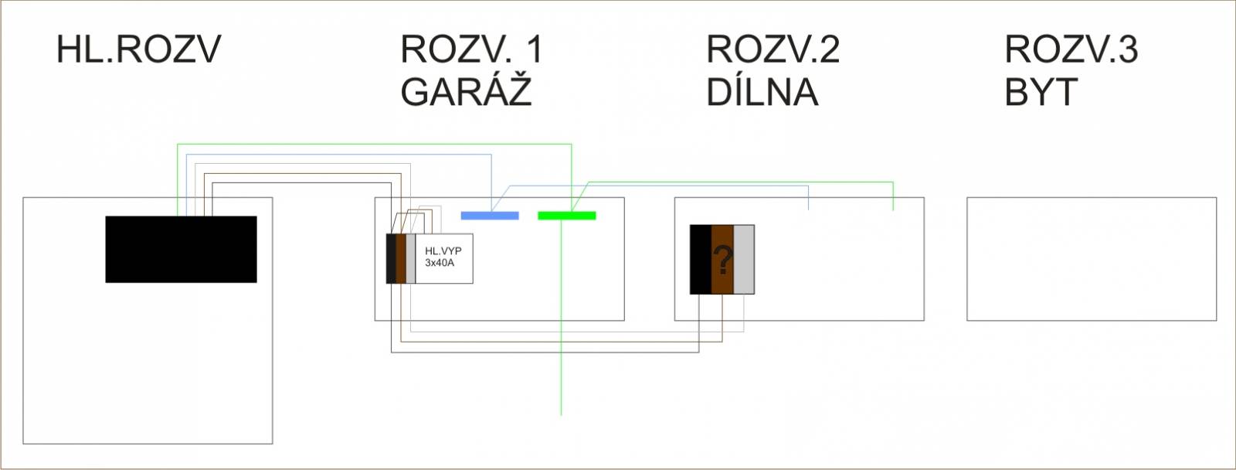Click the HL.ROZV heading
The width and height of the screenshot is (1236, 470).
(x=138, y=49)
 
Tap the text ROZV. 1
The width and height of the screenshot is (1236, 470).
(x=472, y=49)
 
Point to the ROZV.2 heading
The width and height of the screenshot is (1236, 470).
(x=773, y=49)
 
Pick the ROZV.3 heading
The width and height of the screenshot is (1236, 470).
(x=1071, y=49)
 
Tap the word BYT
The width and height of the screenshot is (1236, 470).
(x=1041, y=92)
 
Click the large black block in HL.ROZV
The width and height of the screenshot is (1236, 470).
(x=181, y=249)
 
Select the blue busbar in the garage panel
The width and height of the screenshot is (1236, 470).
(x=490, y=216)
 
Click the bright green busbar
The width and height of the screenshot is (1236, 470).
(x=567, y=216)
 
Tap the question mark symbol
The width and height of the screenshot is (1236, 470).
(x=723, y=261)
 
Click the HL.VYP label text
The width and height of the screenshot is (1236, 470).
(x=443, y=250)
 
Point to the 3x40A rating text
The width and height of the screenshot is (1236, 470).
(x=440, y=263)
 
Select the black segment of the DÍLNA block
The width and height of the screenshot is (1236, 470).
(x=701, y=259)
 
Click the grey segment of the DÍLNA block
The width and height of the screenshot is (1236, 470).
(x=744, y=259)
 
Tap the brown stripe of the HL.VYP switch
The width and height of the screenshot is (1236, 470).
(x=401, y=258)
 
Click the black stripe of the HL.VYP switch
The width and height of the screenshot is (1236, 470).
(x=391, y=258)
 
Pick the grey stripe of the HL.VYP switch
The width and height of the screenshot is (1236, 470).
(x=411, y=258)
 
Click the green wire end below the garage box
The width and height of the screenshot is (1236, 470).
(x=561, y=414)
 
